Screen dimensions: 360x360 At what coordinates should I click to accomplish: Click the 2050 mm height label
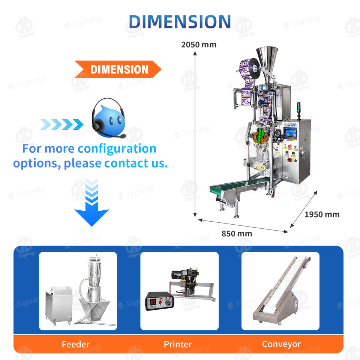click(199, 45)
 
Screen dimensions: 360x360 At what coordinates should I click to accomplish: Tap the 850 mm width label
click(237, 234)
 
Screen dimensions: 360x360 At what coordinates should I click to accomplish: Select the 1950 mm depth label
click(322, 214)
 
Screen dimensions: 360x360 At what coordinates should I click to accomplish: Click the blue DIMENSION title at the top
click(180, 22)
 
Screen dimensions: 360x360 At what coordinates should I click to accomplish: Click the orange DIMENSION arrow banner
click(118, 69)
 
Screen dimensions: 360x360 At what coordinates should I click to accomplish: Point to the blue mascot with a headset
click(108, 118)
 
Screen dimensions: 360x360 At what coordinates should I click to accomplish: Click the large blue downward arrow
click(92, 202)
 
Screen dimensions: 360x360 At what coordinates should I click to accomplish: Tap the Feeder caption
click(76, 344)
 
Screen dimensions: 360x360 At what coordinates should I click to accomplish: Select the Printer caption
click(178, 344)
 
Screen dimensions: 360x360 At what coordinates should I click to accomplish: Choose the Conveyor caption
click(281, 344)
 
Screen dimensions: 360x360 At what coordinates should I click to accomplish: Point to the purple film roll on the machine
click(250, 69)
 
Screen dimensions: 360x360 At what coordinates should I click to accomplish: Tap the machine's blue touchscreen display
click(290, 133)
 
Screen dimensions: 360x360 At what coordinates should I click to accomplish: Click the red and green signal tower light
click(299, 111)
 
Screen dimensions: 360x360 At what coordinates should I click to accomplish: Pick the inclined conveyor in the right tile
click(281, 290)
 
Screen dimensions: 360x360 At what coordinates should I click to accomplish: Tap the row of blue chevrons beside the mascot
click(62, 124)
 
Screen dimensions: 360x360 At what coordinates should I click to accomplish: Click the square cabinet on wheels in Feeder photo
click(59, 305)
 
